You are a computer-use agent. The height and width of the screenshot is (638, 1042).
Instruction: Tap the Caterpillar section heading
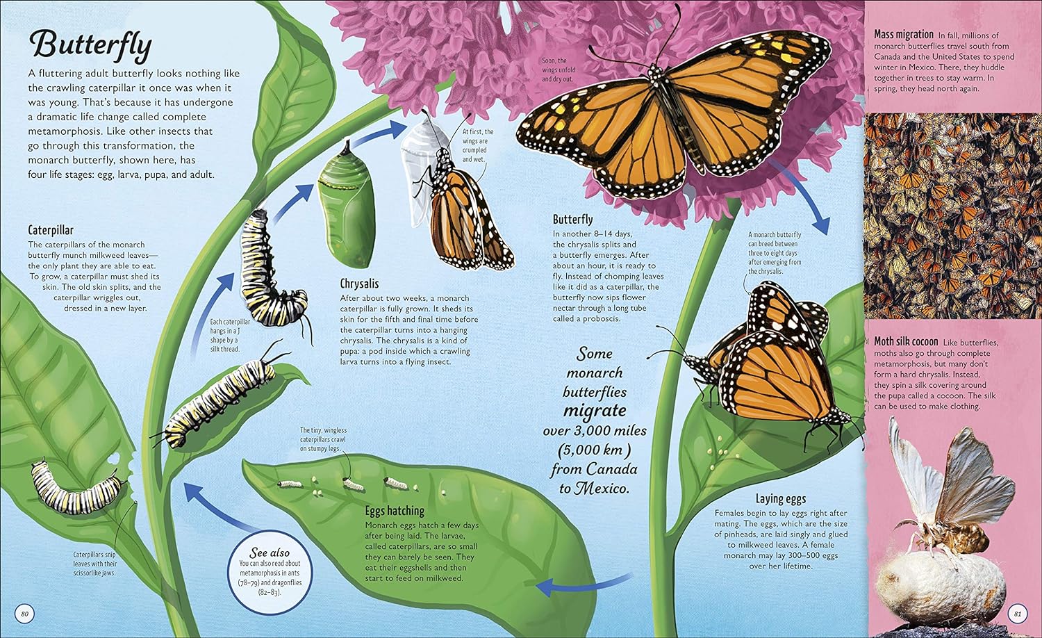[51, 230]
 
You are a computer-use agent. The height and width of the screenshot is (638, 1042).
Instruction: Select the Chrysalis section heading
[359, 284]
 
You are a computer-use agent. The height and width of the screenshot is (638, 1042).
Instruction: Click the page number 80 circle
[24, 614]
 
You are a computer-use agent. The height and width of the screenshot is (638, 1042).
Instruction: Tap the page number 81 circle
[1018, 614]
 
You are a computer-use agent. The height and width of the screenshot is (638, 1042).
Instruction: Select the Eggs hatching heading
[395, 511]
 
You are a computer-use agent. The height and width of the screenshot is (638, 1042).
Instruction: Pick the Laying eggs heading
[781, 499]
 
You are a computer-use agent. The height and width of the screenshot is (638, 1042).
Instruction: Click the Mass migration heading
[903, 35]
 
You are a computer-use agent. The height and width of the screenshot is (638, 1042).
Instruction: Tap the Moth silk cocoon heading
[906, 341]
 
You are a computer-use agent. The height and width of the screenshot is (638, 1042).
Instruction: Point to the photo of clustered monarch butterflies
[952, 215]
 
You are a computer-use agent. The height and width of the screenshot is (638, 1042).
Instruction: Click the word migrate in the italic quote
[594, 411]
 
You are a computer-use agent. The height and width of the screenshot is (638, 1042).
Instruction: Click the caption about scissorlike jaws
[94, 564]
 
